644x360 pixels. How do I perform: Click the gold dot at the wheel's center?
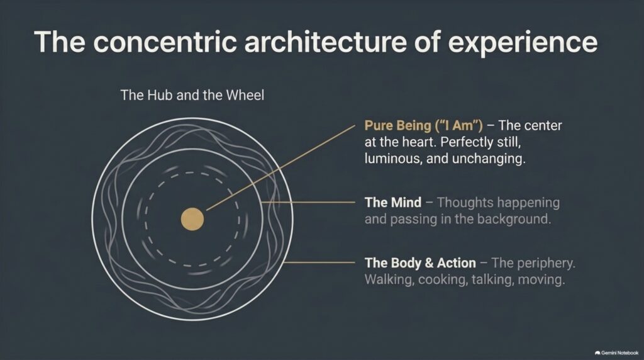point(192,219)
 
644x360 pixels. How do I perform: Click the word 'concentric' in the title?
point(165,42)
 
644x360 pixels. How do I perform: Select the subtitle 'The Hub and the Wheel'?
point(192,95)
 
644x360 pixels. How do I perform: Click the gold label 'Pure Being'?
point(397,126)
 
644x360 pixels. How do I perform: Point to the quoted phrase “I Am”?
point(458,125)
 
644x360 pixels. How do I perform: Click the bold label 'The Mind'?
point(393,202)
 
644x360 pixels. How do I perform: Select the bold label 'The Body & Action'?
point(420,262)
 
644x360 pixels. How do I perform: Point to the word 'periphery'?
point(546,264)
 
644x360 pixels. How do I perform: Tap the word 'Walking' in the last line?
point(389,279)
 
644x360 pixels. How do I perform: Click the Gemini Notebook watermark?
point(616,352)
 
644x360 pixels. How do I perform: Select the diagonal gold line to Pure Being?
point(280,168)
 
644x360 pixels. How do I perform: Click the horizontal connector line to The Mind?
point(308,202)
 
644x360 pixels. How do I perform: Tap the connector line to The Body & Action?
point(319,262)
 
